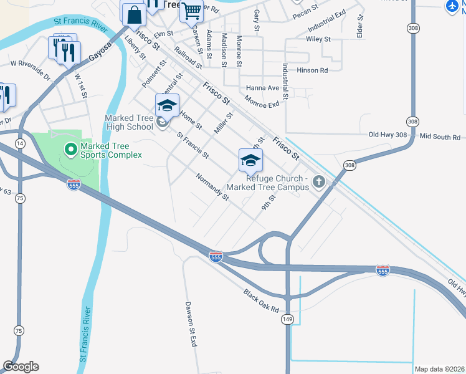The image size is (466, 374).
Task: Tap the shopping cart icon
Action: pos(191,10)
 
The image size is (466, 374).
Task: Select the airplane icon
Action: pos(453,6)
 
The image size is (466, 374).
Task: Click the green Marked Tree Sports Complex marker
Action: pos(70,149)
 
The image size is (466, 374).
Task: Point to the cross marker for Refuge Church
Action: pos(319,181)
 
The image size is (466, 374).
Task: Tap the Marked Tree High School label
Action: pos(129,122)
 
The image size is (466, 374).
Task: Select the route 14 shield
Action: pos(21,143)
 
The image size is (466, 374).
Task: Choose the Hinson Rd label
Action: pos(311,70)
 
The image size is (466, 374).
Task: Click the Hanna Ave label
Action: pos(262,88)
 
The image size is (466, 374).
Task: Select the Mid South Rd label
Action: pos(440,136)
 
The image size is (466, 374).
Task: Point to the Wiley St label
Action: pos(318,39)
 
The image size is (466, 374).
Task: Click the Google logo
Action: pos(21,367)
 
